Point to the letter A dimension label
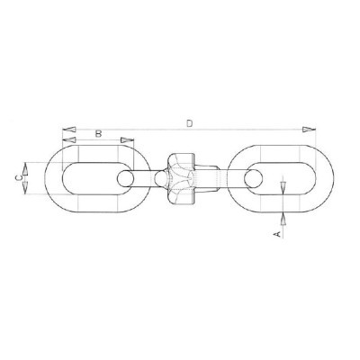click(277, 232)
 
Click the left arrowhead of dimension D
click(67, 128)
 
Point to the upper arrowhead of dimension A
click(284, 187)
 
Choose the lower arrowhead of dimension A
click(284, 215)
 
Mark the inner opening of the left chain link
click(90, 178)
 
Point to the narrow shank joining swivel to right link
click(225, 178)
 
